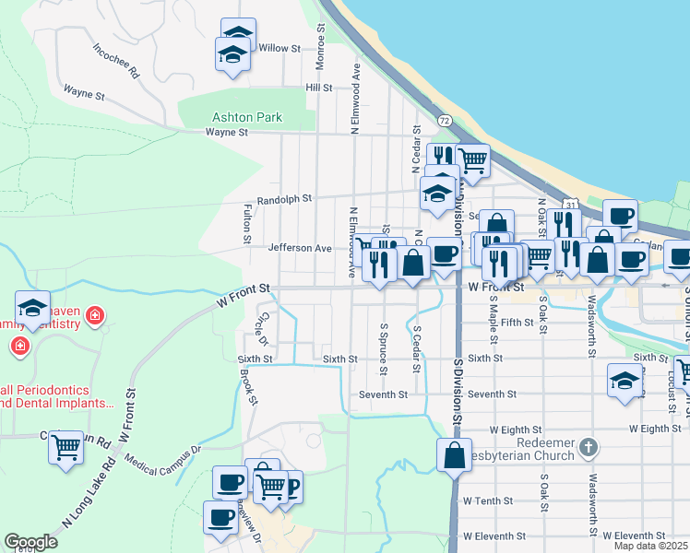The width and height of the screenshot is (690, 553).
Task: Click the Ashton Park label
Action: point(247,117)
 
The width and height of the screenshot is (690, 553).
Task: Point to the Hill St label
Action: point(319,87)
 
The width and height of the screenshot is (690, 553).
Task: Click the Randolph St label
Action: point(284,198)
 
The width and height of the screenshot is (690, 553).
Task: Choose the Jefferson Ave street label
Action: point(299,248)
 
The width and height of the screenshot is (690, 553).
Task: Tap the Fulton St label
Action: point(247,225)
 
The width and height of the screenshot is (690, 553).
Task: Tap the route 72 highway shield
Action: point(445,121)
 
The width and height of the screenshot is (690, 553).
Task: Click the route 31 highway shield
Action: point(570,204)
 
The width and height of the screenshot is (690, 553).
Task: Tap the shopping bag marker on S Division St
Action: point(454,455)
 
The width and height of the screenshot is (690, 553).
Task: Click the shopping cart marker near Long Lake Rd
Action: point(66,448)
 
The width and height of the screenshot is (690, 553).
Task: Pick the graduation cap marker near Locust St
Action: point(625,380)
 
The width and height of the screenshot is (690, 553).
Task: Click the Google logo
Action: point(30,542)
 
